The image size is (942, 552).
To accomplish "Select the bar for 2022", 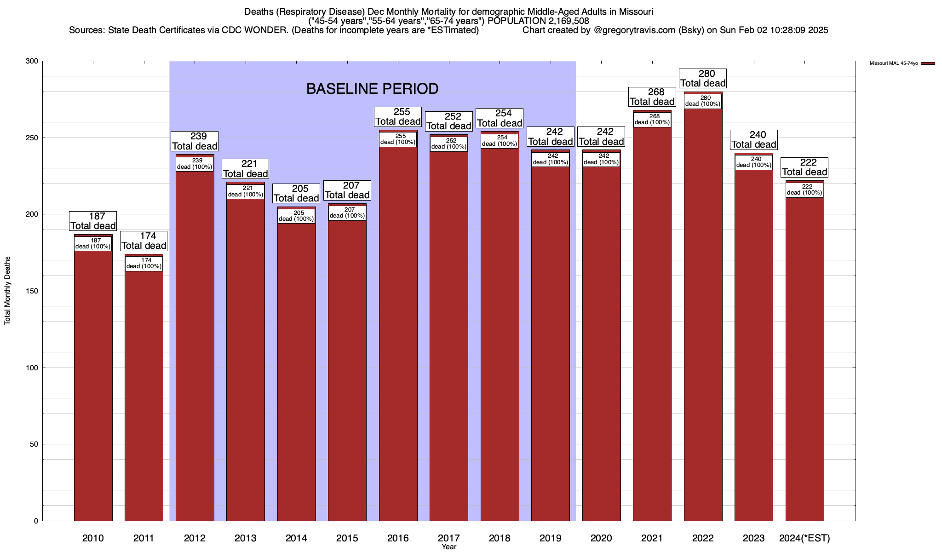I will (703, 313).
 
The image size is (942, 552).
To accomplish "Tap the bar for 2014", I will (296, 368).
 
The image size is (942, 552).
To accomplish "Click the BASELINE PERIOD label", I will (372, 89).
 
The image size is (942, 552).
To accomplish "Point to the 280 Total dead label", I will (703, 79).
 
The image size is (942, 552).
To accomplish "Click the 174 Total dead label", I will (144, 241).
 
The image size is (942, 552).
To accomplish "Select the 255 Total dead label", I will (398, 117).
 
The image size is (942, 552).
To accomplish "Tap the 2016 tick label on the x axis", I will (398, 538).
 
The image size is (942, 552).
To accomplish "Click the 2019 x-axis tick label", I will (550, 538).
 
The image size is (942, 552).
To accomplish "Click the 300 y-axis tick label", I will (33, 61).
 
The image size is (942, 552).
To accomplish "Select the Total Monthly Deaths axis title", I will (7, 291).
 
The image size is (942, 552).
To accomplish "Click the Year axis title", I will (448, 547).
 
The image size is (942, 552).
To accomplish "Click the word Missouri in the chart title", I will (637, 11).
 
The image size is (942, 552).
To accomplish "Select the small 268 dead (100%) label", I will (652, 120).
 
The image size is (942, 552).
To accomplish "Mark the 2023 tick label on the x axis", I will (753, 538).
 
